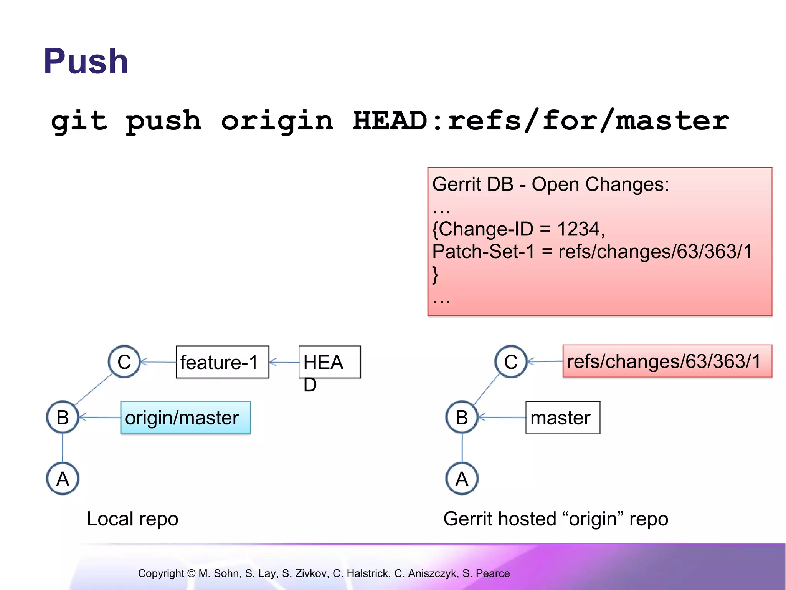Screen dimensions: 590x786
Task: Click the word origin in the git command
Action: pyautogui.click(x=277, y=121)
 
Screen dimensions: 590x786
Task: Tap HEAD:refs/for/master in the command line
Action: pyautogui.click(x=540, y=121)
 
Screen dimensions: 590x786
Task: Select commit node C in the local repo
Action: pyautogui.click(x=124, y=362)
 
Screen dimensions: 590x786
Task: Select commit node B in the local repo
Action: pyautogui.click(x=63, y=417)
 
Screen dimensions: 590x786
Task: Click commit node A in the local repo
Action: pyautogui.click(x=63, y=479)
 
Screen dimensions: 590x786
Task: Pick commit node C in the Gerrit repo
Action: pyautogui.click(x=511, y=362)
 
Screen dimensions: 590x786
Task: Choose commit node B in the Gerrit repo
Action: pyautogui.click(x=462, y=417)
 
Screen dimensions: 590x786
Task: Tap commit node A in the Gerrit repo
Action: pyautogui.click(x=462, y=479)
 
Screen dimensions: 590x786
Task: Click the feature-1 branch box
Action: pyautogui.click(x=222, y=362)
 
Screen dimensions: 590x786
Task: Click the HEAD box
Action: pyautogui.click(x=329, y=362)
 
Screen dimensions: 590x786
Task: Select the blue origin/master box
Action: pyautogui.click(x=185, y=418)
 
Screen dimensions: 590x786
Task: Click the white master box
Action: pyautogui.click(x=563, y=418)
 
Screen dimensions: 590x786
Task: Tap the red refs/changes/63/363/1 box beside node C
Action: pyautogui.click(x=667, y=361)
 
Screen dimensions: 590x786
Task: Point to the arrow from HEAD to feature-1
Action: pyautogui.click(x=284, y=362)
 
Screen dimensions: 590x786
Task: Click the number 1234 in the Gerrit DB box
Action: pyautogui.click(x=578, y=229)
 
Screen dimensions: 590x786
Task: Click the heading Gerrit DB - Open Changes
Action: pyautogui.click(x=550, y=184)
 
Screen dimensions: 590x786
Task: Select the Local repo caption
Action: pyautogui.click(x=132, y=519)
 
